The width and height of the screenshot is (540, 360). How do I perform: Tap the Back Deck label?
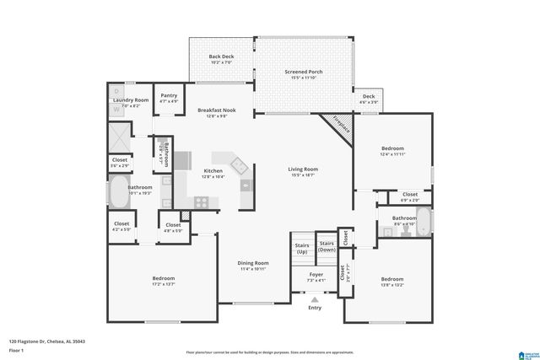tap(223, 60)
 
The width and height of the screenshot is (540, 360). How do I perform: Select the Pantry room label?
tap(169, 99)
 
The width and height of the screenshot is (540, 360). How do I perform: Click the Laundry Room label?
tap(130, 103)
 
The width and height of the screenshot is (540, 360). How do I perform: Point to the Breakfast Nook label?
tap(217, 113)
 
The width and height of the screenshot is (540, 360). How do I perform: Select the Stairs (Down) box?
tap(327, 246)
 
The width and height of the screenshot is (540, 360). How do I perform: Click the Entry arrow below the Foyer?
tap(314, 298)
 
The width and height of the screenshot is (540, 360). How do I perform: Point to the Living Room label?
tap(302, 173)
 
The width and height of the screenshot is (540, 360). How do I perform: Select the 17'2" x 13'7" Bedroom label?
tap(163, 281)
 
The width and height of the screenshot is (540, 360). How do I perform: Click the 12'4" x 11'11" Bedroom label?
tap(392, 151)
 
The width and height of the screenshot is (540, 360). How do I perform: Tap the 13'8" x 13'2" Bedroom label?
tap(391, 282)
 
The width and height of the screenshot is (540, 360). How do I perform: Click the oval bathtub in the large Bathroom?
tap(117, 193)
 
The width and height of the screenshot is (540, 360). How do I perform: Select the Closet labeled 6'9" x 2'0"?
tap(409, 197)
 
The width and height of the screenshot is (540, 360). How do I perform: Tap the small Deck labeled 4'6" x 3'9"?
tap(369, 99)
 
